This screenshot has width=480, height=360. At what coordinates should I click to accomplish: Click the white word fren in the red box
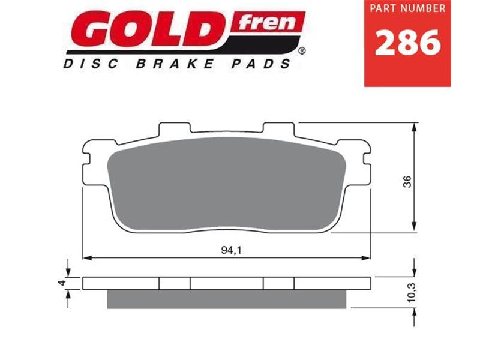pos(268,23)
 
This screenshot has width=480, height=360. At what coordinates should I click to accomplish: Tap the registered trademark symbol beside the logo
pos(301,52)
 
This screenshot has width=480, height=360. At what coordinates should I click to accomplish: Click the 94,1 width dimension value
pos(226,251)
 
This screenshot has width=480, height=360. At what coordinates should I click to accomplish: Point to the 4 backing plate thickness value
pos(61,283)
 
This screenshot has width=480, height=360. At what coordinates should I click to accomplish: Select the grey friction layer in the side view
pos(226,299)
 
